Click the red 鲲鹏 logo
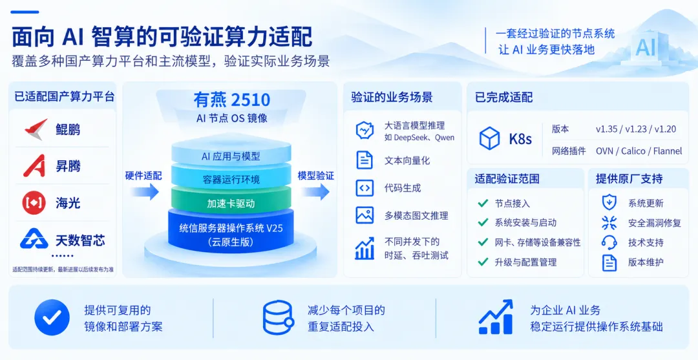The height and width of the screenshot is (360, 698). click(36, 129)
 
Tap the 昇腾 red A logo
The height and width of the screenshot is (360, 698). click(34, 166)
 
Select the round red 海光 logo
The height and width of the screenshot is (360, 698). click(34, 203)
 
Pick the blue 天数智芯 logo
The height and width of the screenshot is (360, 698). click(34, 239)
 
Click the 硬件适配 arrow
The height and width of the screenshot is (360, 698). click(144, 192)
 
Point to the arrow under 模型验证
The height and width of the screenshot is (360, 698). click(315, 192)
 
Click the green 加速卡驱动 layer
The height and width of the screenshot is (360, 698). click(231, 203)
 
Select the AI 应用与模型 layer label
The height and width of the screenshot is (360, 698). click(231, 156)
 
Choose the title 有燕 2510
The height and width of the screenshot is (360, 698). click(232, 100)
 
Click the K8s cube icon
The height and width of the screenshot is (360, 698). click(490, 138)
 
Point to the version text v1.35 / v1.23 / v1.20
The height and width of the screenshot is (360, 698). click(636, 129)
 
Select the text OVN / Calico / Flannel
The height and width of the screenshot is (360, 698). click(639, 151)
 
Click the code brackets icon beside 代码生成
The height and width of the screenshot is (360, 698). click(365, 188)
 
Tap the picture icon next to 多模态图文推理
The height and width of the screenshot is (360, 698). click(365, 215)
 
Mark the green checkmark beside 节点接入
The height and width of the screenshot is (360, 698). click(483, 204)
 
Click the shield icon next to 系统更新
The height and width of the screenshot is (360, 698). click(609, 202)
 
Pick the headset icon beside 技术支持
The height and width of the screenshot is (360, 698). click(609, 242)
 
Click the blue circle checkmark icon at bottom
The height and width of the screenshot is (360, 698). click(52, 317)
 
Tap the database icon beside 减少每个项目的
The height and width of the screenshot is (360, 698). click(278, 317)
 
